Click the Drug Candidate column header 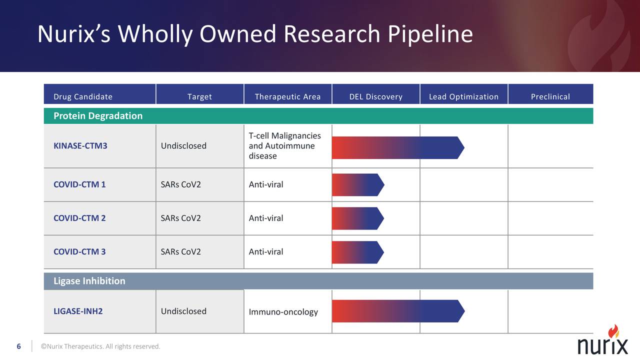click(x=83, y=96)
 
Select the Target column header click(x=199, y=96)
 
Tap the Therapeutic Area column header click(x=287, y=96)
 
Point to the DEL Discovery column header click(x=375, y=96)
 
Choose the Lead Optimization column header click(x=463, y=96)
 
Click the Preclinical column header click(x=550, y=96)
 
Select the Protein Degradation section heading click(x=98, y=116)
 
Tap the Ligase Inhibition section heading click(x=89, y=281)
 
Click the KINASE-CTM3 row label click(x=80, y=146)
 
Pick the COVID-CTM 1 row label click(x=79, y=184)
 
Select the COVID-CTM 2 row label click(x=79, y=218)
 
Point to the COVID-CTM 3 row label click(x=79, y=251)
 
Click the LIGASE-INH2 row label click(x=78, y=311)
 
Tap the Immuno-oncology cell click(x=283, y=312)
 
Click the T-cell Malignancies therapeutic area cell click(x=284, y=146)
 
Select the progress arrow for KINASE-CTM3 click(x=397, y=147)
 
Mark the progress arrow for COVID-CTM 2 click(x=357, y=218)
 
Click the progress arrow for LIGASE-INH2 click(x=397, y=311)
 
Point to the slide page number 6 click(x=19, y=346)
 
